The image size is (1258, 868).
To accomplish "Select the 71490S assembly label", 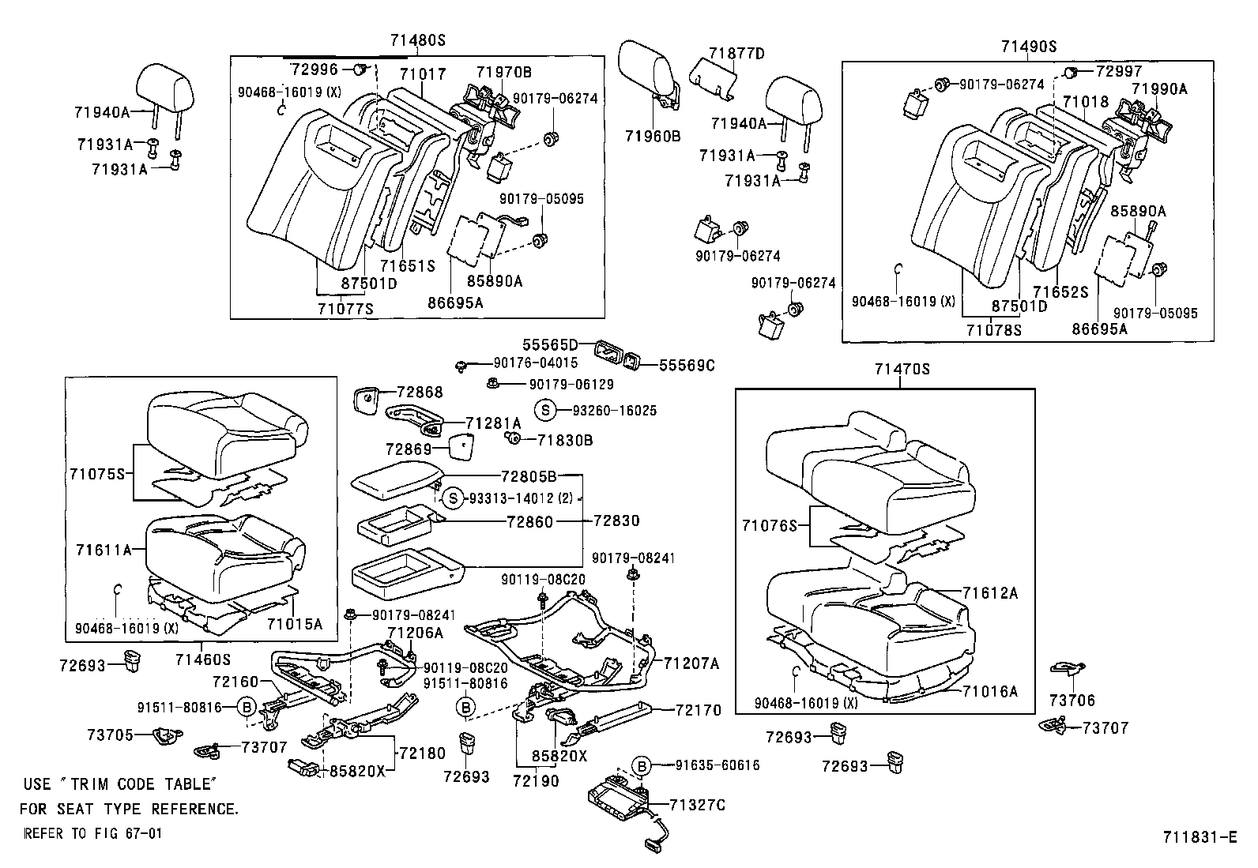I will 1028,47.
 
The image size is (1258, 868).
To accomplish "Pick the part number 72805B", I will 529,476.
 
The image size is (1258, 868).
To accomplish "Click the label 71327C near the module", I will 697,805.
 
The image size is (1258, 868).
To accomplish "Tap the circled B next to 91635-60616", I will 642,765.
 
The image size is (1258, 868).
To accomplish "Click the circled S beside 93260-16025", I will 544,411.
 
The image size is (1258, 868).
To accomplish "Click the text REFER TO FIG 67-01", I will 92,833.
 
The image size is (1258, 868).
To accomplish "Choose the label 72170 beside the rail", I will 699,711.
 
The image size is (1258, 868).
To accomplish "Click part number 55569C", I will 687,365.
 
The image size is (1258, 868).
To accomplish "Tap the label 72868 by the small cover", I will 420,393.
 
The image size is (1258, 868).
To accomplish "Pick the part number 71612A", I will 990,593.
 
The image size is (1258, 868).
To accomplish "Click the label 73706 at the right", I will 1072,700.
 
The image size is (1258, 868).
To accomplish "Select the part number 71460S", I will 202,659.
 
